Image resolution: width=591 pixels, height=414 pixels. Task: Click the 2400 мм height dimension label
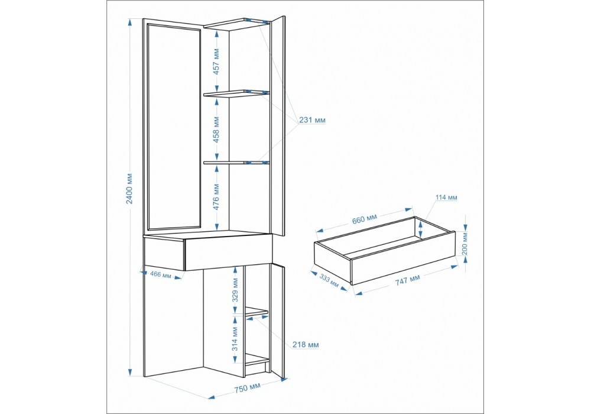point(129,188)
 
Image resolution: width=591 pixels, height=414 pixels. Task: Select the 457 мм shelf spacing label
point(216,61)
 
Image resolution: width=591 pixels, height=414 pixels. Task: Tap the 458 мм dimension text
point(216,130)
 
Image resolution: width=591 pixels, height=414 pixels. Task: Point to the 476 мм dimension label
point(216,196)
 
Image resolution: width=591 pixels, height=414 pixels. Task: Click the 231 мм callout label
point(313,120)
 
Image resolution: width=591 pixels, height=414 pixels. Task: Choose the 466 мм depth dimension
point(160,274)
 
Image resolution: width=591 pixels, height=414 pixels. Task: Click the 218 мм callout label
point(306,345)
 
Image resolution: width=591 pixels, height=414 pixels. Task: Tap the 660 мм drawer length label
point(365,219)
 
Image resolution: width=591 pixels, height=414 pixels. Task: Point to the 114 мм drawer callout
point(446,197)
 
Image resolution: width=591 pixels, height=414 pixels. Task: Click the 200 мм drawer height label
point(465,243)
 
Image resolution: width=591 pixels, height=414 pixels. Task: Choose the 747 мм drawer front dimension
point(407,280)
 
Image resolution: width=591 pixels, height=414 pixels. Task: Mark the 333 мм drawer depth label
point(329,279)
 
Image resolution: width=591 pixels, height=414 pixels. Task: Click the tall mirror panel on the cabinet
point(174,127)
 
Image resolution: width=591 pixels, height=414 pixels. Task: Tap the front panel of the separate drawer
point(403,258)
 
